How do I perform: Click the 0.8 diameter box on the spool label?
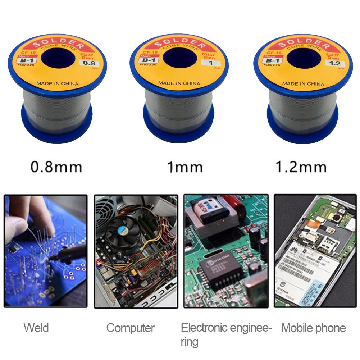(x=86, y=64)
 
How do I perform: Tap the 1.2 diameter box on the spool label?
(x=332, y=64)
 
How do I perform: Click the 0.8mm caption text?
(x=56, y=167)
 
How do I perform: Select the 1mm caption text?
(x=185, y=167)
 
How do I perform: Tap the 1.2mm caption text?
(x=301, y=167)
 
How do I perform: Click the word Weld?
(x=36, y=328)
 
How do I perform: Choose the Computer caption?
(x=130, y=328)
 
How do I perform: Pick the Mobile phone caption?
(x=313, y=328)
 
